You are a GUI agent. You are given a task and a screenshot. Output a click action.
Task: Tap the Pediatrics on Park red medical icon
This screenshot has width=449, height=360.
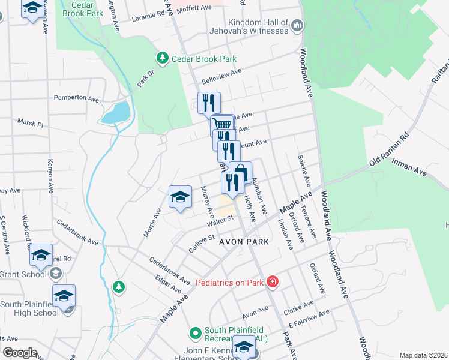pos(272,281)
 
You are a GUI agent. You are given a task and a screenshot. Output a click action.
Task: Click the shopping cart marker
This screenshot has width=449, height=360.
pos(223,124)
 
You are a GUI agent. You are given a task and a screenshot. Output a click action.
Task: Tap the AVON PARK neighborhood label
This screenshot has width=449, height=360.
pos(243,241)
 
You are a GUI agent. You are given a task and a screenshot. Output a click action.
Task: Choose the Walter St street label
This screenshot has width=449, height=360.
pos(220,222)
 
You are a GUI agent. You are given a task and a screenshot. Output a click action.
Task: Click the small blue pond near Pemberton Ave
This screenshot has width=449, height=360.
pos(118,112)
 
